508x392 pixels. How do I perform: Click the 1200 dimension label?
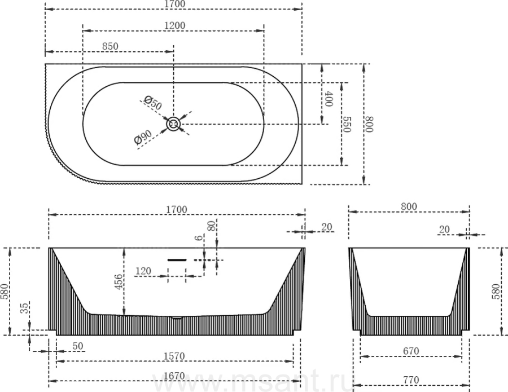point(174,25)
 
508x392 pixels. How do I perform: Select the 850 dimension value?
point(110,46)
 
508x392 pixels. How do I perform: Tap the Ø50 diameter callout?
point(152,103)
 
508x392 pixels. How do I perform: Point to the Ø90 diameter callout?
point(143,137)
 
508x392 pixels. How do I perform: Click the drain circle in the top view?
point(173,124)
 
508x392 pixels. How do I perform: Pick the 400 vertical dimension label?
point(329,99)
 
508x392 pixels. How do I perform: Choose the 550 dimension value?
point(347,124)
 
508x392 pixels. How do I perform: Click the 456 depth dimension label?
point(119,282)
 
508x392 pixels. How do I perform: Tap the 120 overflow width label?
point(143,271)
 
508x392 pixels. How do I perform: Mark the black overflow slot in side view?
point(177,259)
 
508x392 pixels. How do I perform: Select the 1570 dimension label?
point(174,356)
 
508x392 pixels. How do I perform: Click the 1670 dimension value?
point(174,376)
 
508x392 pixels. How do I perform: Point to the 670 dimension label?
point(411,351)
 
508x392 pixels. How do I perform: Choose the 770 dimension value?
point(411,380)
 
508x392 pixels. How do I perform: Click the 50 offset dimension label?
point(78,346)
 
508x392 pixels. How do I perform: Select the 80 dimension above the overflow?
point(211,226)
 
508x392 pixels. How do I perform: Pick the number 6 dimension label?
point(199,237)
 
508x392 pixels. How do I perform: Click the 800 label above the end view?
point(409,206)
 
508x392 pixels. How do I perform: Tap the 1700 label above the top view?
point(174,4)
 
